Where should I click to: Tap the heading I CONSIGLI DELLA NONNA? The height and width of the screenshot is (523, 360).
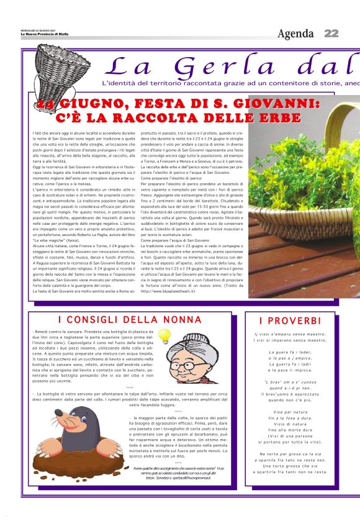pyautogui.click(x=128, y=320)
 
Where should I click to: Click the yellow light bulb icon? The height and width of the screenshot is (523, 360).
pyautogui.click(x=164, y=336)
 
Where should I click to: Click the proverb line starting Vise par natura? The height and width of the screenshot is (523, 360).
pyautogui.click(x=290, y=412)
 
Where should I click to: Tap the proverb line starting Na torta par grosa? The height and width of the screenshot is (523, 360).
pyautogui.click(x=290, y=454)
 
